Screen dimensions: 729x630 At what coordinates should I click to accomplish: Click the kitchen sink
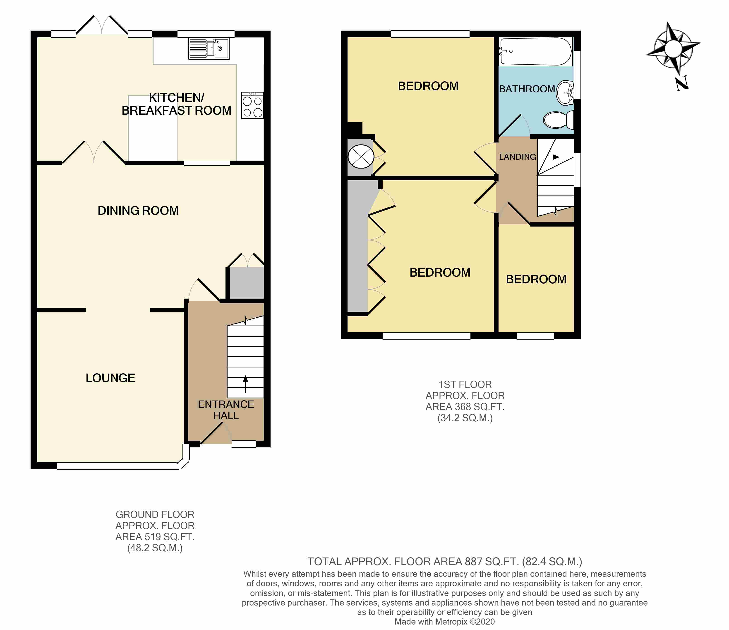pos(209,48)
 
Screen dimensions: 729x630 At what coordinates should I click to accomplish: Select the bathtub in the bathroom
pos(535,51)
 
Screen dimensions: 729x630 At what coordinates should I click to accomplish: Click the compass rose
pos(673,49)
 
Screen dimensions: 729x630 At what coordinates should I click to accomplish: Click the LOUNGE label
pos(110,378)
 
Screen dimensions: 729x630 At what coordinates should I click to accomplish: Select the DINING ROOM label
pos(138,210)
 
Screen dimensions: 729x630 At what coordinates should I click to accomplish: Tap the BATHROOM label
pos(527,89)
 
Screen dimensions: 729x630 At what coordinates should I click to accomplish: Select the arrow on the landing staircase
pos(550,157)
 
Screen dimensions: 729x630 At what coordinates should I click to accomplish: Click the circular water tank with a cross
pos(361,157)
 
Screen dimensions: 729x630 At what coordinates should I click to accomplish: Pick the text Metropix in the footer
pos(453,622)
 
